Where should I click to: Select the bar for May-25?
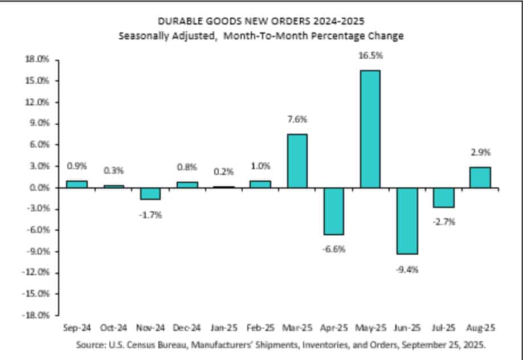pyautogui.click(x=370, y=129)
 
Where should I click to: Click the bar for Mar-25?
pyautogui.click(x=296, y=161)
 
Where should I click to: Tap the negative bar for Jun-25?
pyautogui.click(x=407, y=220)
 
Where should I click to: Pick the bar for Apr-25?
pyautogui.click(x=333, y=211)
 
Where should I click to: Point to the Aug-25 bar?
pyautogui.click(x=480, y=177)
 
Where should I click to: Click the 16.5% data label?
pyautogui.click(x=370, y=56)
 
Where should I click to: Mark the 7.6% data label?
pyautogui.click(x=296, y=120)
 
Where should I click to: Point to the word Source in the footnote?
pyautogui.click(x=90, y=345)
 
